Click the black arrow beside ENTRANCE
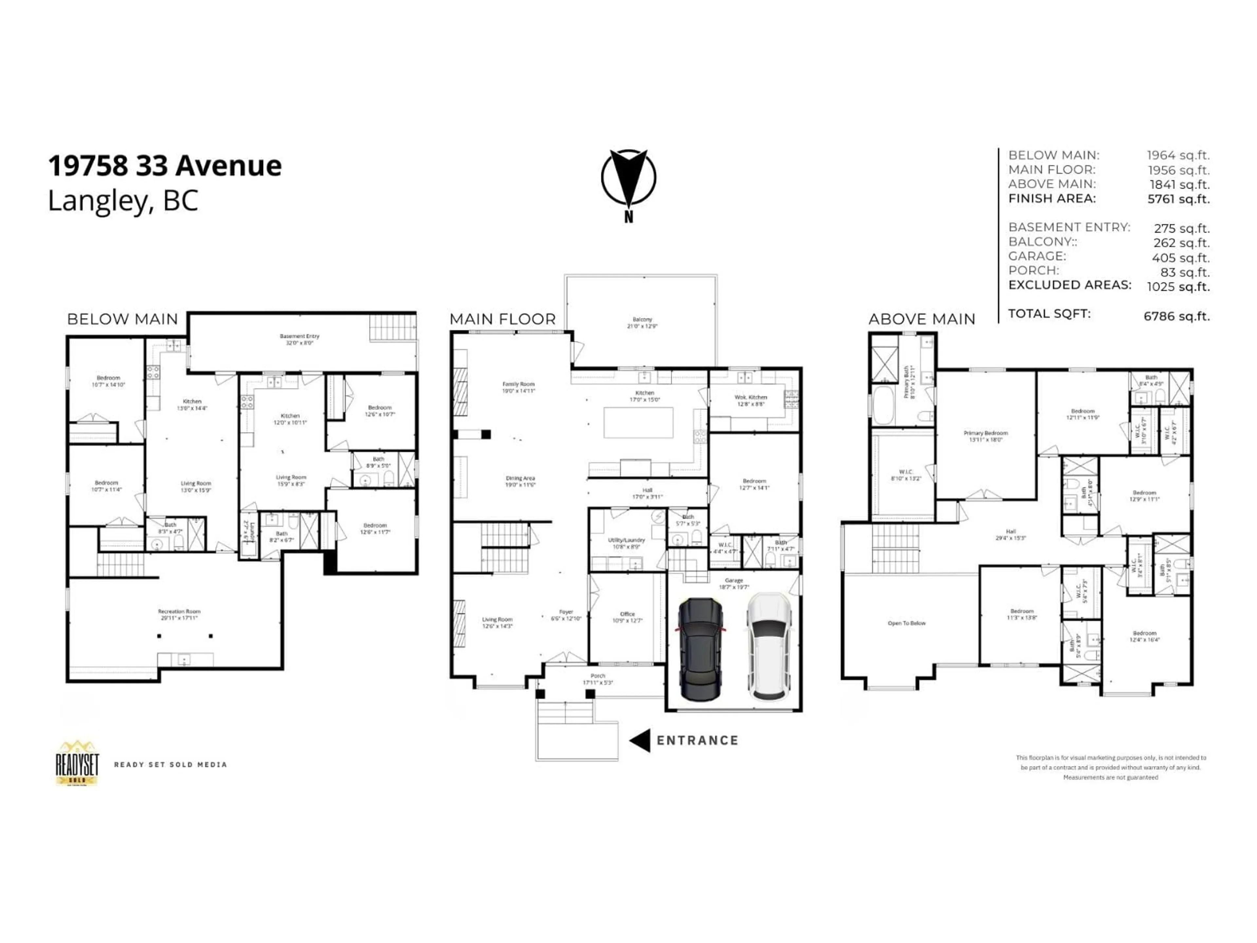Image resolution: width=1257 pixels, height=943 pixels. [x=640, y=741]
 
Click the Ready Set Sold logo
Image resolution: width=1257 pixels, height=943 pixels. [x=77, y=763]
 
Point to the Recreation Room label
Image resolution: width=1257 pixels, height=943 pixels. [x=179, y=612]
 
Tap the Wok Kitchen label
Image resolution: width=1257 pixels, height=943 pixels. [x=751, y=397]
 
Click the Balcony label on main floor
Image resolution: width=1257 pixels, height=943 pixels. [x=642, y=320]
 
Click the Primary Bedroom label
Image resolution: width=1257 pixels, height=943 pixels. [x=985, y=433]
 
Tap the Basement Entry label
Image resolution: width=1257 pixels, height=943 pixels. [x=300, y=337]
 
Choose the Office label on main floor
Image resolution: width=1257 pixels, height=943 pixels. [x=628, y=614]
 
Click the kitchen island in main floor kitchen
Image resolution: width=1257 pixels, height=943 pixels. [x=638, y=422]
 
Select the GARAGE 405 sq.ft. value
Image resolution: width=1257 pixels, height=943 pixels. [x=1180, y=257]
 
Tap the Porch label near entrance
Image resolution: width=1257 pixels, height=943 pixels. [x=598, y=676]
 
